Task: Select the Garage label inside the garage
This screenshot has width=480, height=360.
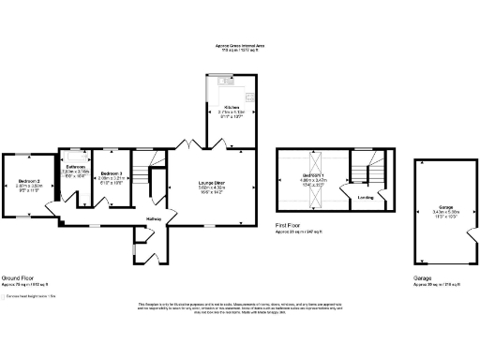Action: coord(441,207)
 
